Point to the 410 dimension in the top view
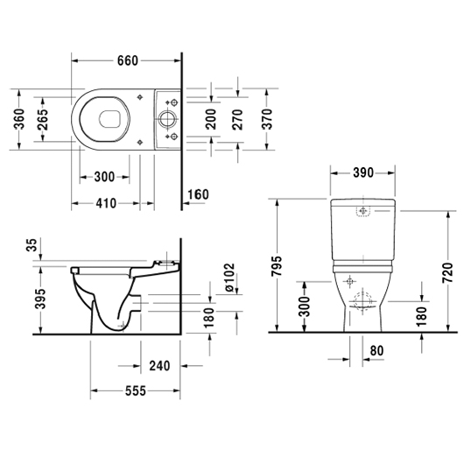coord(107,204)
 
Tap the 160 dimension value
coord(200,193)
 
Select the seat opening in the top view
coord(109,117)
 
